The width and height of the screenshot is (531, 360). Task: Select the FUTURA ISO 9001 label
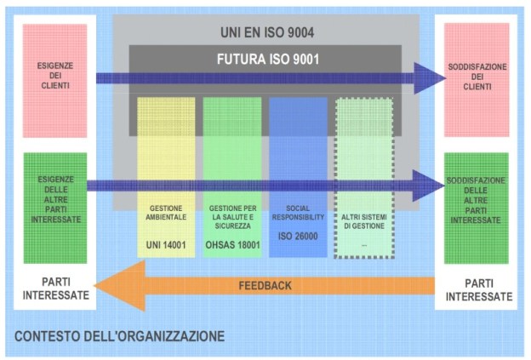(x=264, y=60)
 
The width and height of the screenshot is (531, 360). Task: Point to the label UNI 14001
(x=166, y=244)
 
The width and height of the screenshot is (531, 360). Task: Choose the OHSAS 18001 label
(x=232, y=244)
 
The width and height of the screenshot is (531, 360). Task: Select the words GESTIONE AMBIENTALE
(x=167, y=214)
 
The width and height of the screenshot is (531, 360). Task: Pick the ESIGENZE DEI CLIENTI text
(x=54, y=74)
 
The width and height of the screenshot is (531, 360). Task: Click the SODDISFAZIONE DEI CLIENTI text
(x=477, y=74)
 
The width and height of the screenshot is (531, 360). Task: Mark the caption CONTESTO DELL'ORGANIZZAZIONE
(x=119, y=336)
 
